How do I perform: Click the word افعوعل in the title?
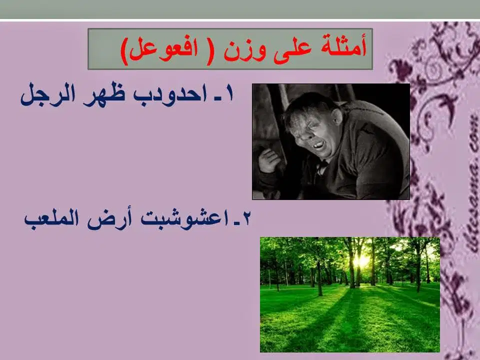163,49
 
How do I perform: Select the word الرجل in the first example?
48,94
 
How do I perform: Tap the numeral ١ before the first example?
229,93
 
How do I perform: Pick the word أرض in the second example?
109,218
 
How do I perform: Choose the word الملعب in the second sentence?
51,218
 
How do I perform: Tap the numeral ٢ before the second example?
246,218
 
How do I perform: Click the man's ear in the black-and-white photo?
337,116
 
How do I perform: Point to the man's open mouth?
318,145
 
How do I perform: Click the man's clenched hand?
269,160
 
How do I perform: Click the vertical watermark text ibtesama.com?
473,183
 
